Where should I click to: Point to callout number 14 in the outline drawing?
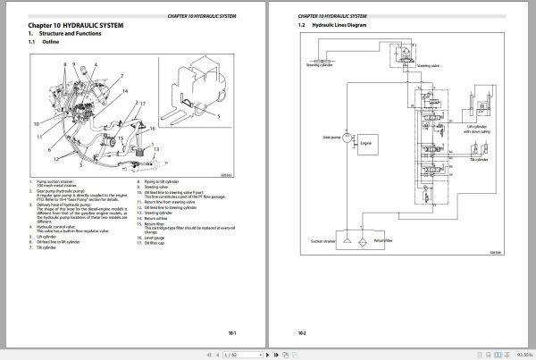[123, 92]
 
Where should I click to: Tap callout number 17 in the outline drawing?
[142, 105]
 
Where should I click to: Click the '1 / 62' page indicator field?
[230, 354]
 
